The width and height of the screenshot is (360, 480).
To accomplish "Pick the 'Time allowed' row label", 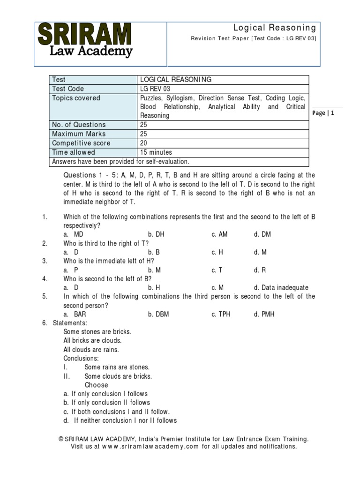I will click(74, 152).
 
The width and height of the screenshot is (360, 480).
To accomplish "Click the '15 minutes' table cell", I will click(156, 152).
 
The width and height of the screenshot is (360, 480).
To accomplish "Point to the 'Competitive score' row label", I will click(82, 143).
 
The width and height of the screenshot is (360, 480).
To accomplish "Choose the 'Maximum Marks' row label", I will click(79, 134).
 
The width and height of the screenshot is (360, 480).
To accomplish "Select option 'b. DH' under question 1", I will click(156, 234).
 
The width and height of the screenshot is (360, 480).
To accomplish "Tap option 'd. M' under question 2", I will click(260, 252).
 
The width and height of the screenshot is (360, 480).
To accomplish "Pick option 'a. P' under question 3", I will click(71, 270).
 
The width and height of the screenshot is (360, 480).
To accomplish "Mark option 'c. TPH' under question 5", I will click(221, 314).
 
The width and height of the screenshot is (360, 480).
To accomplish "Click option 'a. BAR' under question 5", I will click(75, 314).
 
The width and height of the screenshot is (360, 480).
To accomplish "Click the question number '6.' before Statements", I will click(45, 323).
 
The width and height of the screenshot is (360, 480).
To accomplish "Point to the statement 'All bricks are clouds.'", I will click(92, 341).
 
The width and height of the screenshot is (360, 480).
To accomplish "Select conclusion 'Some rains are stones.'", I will click(117, 367).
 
